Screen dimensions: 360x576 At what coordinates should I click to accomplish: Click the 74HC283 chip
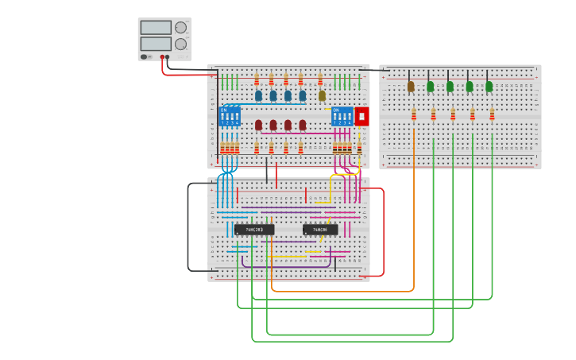click(254, 230)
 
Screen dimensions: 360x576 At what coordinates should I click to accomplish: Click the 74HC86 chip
click(320, 230)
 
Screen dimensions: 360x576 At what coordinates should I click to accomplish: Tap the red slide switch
click(361, 117)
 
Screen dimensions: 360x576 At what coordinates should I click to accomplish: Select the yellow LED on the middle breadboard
click(322, 96)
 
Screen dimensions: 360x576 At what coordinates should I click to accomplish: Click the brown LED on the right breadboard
click(411, 87)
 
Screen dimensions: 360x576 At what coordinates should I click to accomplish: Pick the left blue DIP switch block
click(230, 117)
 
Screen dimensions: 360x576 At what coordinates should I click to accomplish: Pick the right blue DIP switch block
click(342, 117)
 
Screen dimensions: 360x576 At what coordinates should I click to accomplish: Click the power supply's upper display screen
click(156, 28)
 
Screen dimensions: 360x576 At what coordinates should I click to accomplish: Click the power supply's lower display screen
click(156, 44)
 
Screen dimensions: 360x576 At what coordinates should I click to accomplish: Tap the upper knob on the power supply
click(181, 27)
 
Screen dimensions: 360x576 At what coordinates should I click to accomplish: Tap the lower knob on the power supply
click(181, 44)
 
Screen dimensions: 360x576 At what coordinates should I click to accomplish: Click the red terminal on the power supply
click(162, 57)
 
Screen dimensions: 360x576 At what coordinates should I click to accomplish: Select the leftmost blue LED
click(258, 96)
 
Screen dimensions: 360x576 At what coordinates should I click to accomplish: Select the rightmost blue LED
click(302, 96)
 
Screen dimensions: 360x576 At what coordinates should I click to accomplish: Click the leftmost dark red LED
click(258, 126)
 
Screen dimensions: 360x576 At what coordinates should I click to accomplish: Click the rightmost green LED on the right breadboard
click(489, 87)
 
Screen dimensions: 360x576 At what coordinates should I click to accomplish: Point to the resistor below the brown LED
click(413, 114)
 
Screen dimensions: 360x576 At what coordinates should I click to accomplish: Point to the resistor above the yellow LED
click(320, 79)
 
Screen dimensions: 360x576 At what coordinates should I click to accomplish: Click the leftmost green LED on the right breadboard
click(430, 87)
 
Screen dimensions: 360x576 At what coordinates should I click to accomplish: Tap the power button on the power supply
click(145, 56)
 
